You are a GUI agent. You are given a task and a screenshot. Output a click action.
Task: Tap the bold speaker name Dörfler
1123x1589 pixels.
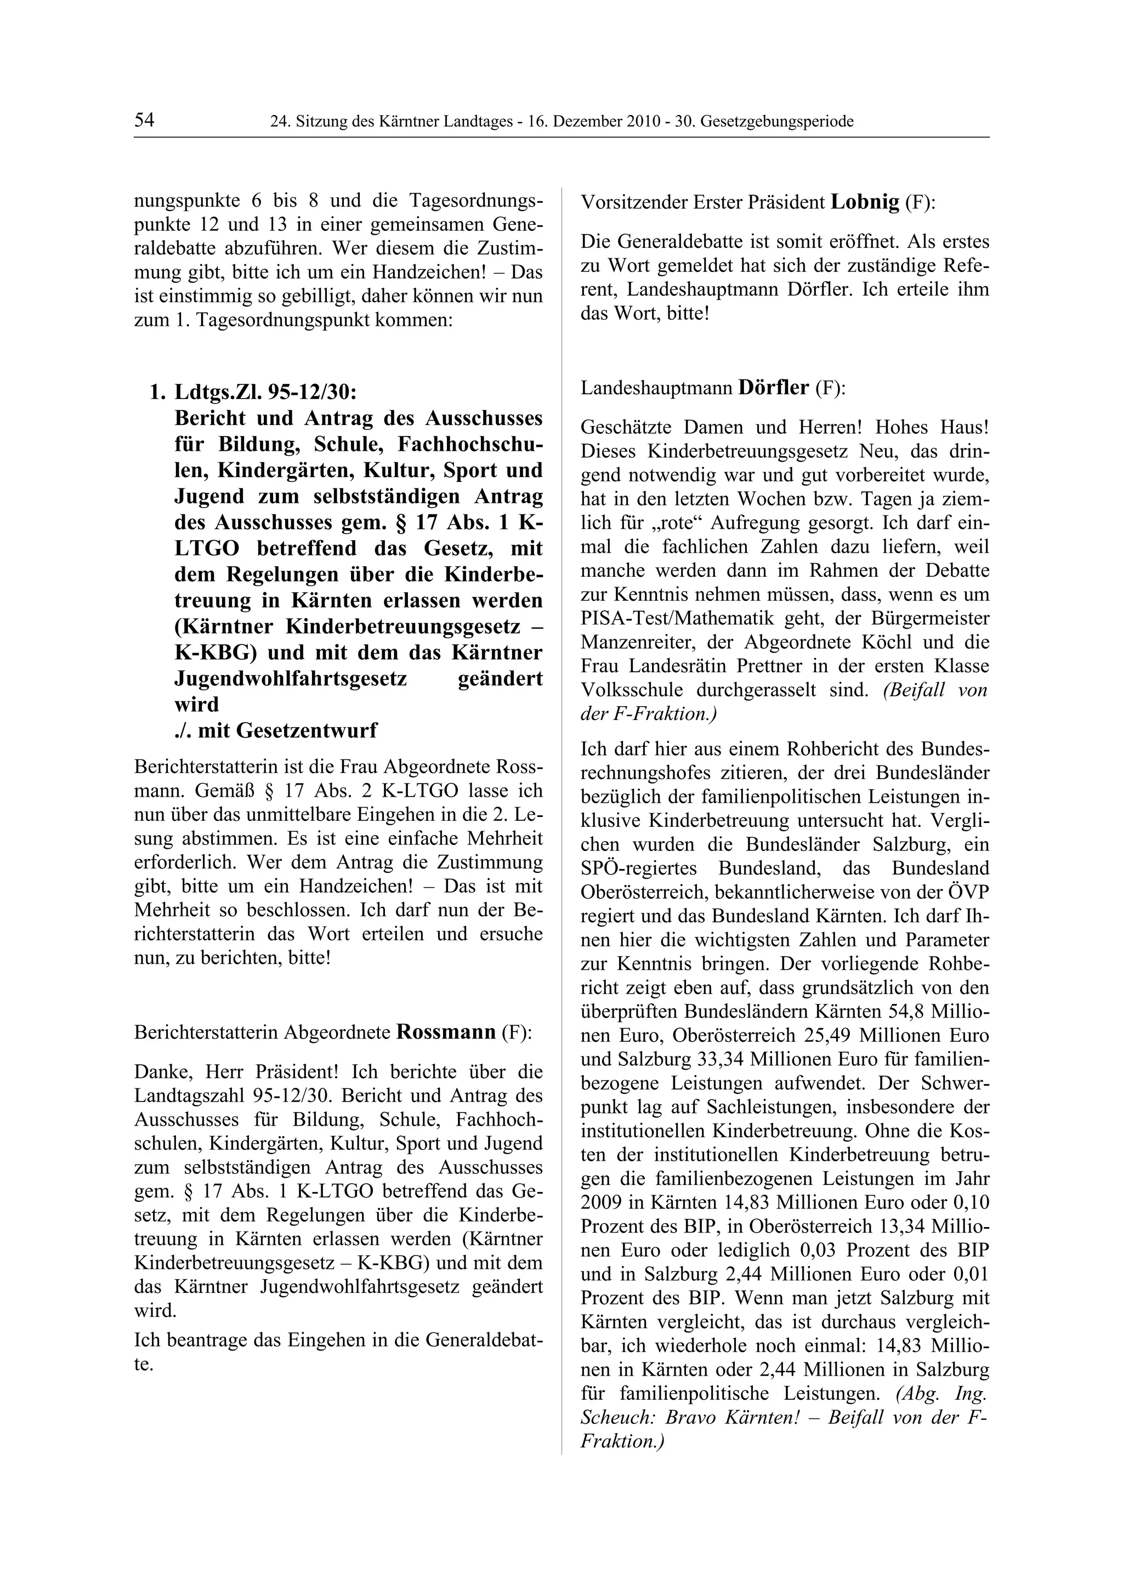[774, 388]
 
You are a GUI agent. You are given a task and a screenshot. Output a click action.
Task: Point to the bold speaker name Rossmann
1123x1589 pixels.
[446, 1032]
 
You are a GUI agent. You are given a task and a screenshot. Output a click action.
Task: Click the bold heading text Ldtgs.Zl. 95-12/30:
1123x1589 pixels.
[266, 393]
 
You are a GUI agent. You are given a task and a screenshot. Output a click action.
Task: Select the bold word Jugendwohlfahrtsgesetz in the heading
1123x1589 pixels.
[291, 678]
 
